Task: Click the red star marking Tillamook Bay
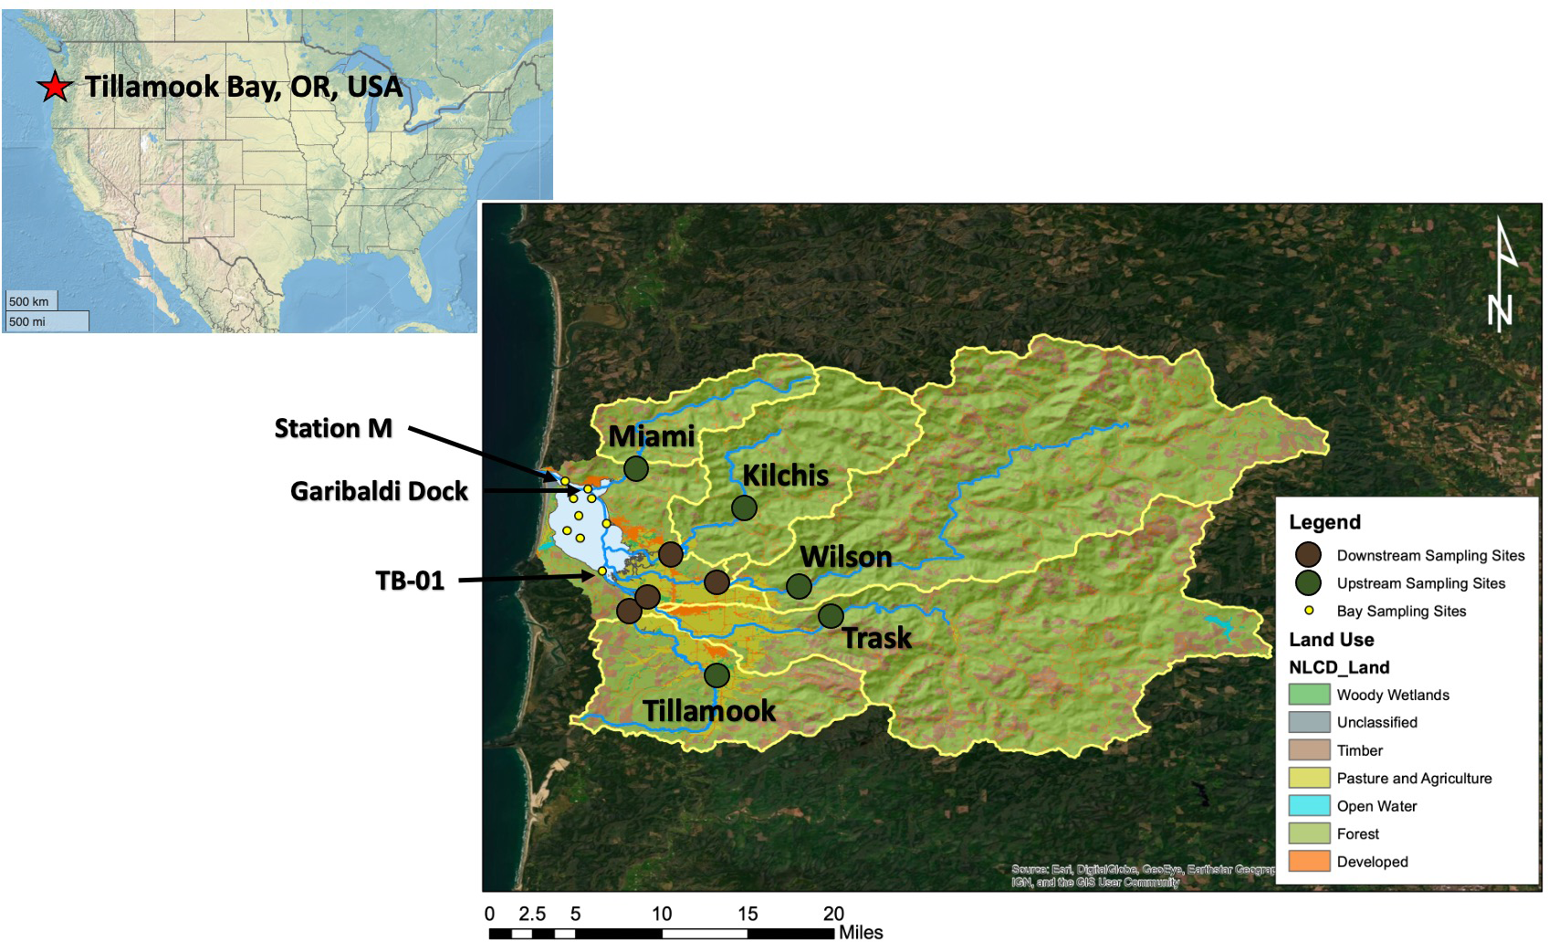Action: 55,87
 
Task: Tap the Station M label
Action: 333,428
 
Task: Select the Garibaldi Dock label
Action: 379,491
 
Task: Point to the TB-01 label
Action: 410,581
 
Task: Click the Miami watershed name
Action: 652,436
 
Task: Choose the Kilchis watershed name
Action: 785,475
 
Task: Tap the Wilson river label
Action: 845,556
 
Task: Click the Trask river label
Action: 876,637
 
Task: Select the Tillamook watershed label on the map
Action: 709,710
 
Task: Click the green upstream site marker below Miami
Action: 636,468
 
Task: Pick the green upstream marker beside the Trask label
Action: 831,616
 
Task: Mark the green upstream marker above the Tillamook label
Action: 717,675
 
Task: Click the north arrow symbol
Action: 1501,274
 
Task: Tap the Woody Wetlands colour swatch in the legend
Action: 1309,695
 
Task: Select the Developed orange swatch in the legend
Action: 1309,862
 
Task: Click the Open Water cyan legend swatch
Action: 1309,806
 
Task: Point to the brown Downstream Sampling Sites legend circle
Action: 1309,555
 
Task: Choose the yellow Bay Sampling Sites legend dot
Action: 1309,611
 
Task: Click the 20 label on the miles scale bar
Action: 833,914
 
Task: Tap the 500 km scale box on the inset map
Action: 31,301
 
